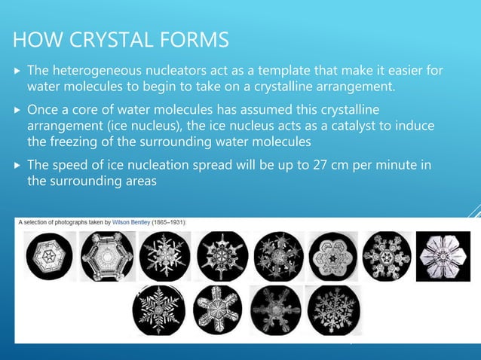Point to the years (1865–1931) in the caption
click(172, 222)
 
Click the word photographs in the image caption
click(71, 222)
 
